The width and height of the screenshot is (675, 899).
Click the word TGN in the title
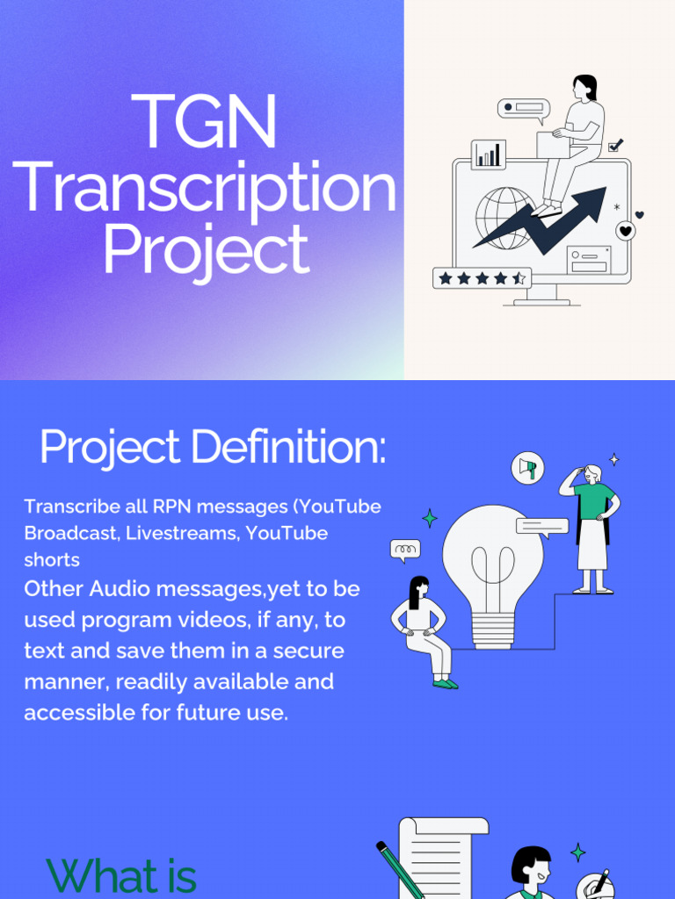pos(205,123)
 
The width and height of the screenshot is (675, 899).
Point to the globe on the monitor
pos(504,217)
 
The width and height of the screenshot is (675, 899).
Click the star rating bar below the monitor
pos(482,278)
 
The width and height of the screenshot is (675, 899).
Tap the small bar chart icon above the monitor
pos(488,155)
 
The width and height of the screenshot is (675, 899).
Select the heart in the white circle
pos(625,231)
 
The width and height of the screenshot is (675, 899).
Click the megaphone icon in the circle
pos(527,468)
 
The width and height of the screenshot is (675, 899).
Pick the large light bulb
pos(492,571)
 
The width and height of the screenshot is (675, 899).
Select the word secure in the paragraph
pos(308,651)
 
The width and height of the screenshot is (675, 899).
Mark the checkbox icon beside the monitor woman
pos(615,146)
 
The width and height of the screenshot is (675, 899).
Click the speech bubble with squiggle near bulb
pos(404,550)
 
